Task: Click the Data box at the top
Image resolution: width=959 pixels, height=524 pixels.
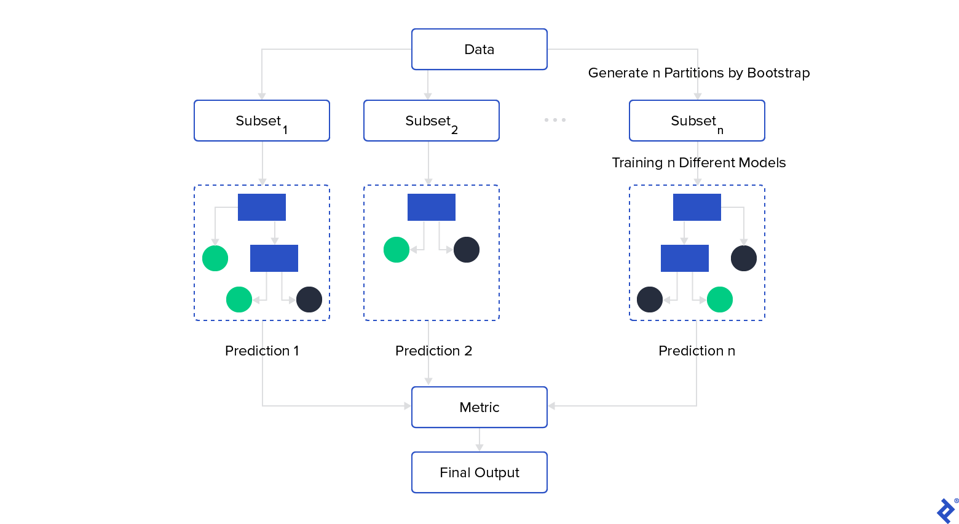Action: (479, 49)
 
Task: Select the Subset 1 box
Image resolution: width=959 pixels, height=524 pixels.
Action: (262, 121)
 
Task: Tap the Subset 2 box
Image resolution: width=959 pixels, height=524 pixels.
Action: (432, 121)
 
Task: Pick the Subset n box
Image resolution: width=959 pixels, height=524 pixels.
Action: (697, 121)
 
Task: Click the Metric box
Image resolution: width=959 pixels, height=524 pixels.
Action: (479, 407)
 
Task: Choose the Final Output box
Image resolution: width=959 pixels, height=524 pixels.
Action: (479, 472)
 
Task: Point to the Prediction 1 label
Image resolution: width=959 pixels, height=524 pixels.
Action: (262, 351)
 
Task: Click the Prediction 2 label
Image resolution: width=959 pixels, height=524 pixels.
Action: (433, 351)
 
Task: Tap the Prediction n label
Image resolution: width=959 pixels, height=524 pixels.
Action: (697, 351)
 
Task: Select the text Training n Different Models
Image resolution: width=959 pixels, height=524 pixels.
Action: (699, 162)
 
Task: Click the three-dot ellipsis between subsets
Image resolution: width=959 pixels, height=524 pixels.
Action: (555, 120)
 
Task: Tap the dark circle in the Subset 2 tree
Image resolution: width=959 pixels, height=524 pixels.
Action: (467, 250)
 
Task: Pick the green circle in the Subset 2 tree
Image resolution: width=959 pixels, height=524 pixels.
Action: (397, 250)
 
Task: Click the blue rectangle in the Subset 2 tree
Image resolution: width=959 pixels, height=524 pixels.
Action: (432, 207)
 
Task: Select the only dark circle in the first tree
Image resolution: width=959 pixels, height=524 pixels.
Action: (309, 300)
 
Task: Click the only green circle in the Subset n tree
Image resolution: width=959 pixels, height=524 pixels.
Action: (720, 300)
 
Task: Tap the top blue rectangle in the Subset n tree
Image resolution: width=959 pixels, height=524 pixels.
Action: (697, 207)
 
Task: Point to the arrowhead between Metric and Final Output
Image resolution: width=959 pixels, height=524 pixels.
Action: (479, 448)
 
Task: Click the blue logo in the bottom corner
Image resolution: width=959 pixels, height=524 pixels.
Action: (945, 510)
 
